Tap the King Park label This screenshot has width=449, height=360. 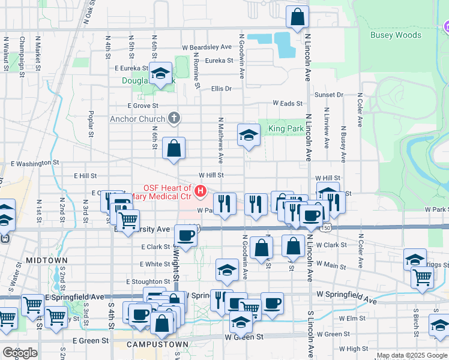[285, 128]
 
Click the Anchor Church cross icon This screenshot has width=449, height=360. [173, 118]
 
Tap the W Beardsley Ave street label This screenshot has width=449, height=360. [207, 47]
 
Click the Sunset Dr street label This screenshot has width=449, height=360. [329, 95]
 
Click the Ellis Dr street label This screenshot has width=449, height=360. [221, 89]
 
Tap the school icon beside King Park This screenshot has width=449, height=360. [249, 135]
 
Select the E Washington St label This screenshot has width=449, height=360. [35, 163]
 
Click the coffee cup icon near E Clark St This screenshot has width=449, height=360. [185, 235]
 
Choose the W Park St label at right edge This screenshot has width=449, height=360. [436, 209]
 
